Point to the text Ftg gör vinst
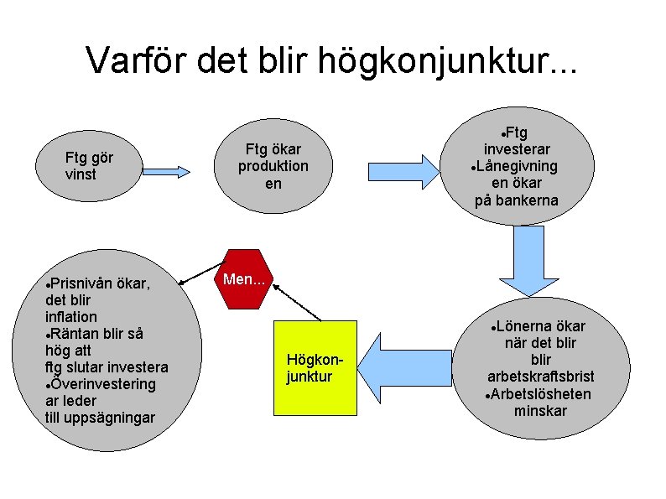pos(89,166)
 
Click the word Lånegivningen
pos(518,166)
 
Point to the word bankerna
pos(528,200)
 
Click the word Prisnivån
pos(86,283)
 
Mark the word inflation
pos(71,317)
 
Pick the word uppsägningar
pos(112,418)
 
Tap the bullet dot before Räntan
pos(49,334)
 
